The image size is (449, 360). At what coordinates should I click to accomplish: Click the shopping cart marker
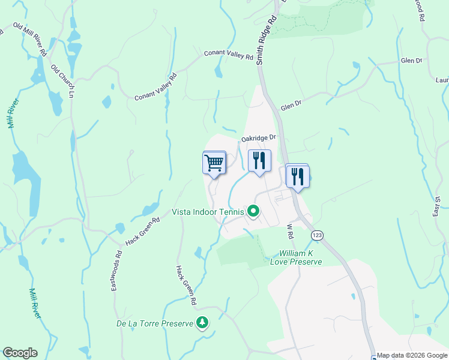tap(214, 163)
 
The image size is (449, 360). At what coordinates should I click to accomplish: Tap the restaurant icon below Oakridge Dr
tap(259, 161)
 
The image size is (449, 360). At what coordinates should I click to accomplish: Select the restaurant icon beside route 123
tap(297, 176)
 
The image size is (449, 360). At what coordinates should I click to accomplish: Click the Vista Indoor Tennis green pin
tap(253, 211)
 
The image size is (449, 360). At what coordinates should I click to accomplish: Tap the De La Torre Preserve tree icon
tap(202, 323)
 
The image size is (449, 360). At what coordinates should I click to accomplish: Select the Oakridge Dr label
tap(258, 138)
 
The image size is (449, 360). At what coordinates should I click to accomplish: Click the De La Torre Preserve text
tap(154, 324)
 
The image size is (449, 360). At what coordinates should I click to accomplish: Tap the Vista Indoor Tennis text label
tap(208, 211)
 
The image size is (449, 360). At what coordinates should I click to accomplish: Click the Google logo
tap(20, 353)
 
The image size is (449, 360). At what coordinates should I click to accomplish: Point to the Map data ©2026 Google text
tap(412, 355)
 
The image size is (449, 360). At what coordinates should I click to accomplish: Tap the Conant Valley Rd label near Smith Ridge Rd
tap(228, 55)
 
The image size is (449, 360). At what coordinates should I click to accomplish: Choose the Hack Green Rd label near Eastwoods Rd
tap(142, 231)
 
